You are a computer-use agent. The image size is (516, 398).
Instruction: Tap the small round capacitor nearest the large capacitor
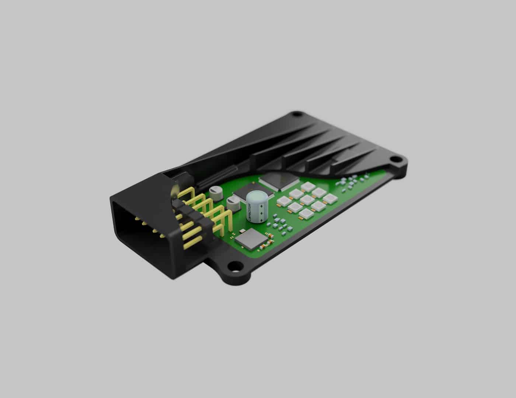(233, 201)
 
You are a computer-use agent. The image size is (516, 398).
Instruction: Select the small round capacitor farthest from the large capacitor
(215, 190)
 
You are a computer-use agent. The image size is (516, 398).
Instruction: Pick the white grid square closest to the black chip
(296, 193)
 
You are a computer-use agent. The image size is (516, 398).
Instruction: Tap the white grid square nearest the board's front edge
(306, 214)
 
